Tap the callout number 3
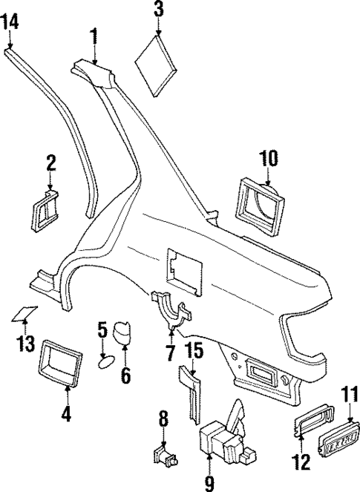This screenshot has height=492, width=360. [159, 10]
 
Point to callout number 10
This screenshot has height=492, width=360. [267, 157]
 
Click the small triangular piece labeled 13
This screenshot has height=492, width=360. [24, 315]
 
